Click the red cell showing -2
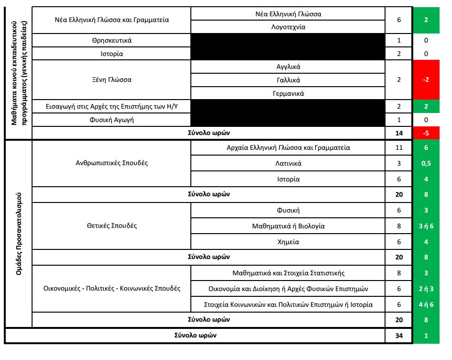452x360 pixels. tap(426, 80)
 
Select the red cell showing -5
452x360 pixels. tap(426, 133)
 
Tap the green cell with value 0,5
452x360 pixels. tap(426, 164)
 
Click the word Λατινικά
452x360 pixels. tap(288, 164)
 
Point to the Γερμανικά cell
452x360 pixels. tap(288, 93)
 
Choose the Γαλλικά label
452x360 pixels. tap(288, 80)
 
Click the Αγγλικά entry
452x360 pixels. tap(288, 67)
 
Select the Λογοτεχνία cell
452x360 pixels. tap(288, 27)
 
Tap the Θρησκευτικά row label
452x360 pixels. tap(111, 41)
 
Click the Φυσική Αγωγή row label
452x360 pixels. tap(111, 120)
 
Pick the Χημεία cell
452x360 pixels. tap(288, 242)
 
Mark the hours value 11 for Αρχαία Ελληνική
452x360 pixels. tap(399, 148)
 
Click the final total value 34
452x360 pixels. tap(399, 336)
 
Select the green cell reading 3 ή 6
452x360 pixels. tap(426, 226)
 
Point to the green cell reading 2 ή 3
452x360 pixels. tap(426, 289)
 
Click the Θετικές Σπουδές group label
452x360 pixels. tap(111, 225)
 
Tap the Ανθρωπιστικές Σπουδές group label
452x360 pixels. tap(111, 163)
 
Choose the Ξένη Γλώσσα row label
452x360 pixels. tap(111, 80)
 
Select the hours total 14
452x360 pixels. tap(399, 133)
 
